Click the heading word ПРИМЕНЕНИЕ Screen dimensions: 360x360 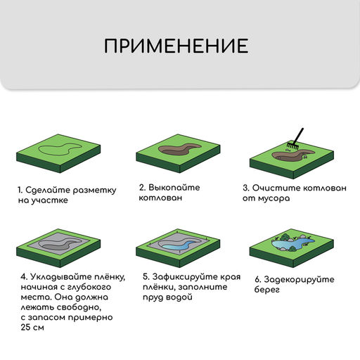coord(176,46)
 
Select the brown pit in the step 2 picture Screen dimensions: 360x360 coord(176,150)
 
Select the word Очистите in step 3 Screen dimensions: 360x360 coord(276,188)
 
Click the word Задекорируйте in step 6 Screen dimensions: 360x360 coord(296,278)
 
